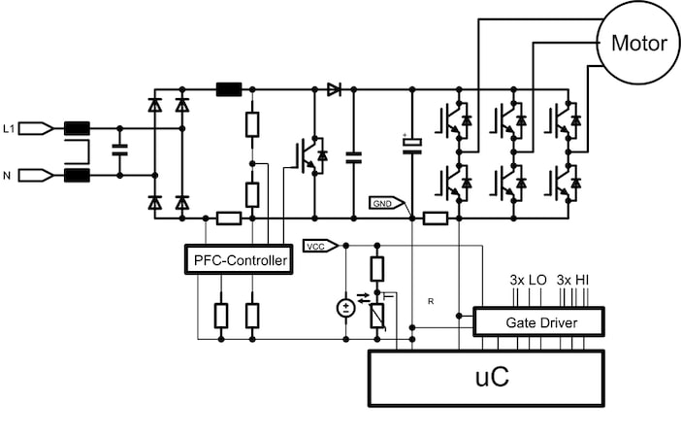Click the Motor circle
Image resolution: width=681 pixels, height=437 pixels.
(x=638, y=44)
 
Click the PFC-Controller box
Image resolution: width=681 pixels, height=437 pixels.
(x=239, y=260)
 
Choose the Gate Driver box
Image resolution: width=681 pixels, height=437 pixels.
(x=538, y=321)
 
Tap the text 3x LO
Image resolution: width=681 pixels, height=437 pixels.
(x=529, y=280)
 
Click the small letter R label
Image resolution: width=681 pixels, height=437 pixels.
(x=429, y=303)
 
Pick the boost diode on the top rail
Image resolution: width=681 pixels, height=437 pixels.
(x=334, y=89)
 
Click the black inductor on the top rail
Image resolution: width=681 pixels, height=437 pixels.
(x=228, y=89)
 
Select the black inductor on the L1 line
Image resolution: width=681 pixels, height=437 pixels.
(x=77, y=127)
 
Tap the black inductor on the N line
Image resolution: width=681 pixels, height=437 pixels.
(x=77, y=175)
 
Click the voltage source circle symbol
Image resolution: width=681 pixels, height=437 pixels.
(x=345, y=308)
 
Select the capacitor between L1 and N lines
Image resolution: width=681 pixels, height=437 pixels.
(x=119, y=151)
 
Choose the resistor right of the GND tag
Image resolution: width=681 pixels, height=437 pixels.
(x=436, y=218)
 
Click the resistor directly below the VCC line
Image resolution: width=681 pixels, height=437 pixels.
(x=377, y=269)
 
